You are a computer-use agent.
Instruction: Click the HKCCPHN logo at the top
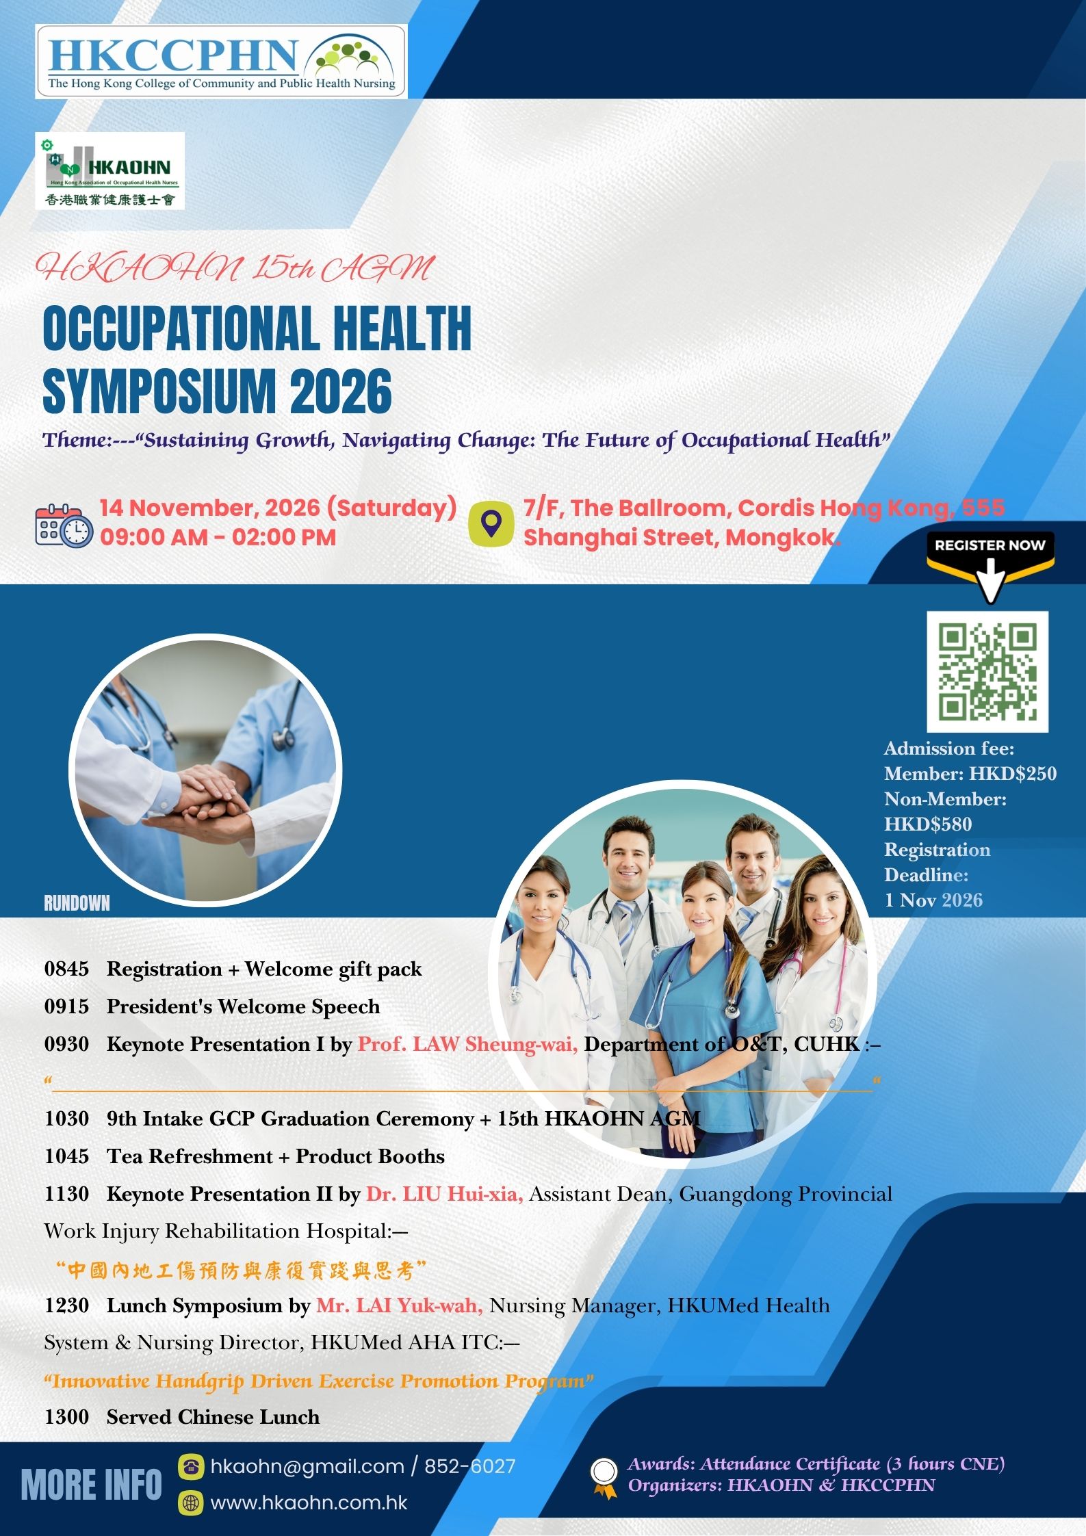[221, 62]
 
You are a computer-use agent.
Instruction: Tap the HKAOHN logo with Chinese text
[110, 170]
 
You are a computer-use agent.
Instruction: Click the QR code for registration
[987, 671]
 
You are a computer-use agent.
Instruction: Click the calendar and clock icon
[64, 525]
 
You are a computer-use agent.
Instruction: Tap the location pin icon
[491, 523]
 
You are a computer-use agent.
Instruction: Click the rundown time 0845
[66, 969]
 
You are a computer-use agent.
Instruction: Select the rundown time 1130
[66, 1194]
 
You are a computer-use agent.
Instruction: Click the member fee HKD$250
[1013, 774]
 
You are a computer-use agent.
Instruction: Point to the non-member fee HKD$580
[928, 824]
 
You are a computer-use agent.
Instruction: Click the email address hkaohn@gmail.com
[307, 1466]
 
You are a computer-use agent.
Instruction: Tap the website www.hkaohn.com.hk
[309, 1502]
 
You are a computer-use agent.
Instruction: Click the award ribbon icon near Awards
[604, 1478]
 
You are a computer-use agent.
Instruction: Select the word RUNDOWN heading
[77, 903]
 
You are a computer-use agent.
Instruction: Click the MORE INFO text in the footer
[92, 1485]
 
